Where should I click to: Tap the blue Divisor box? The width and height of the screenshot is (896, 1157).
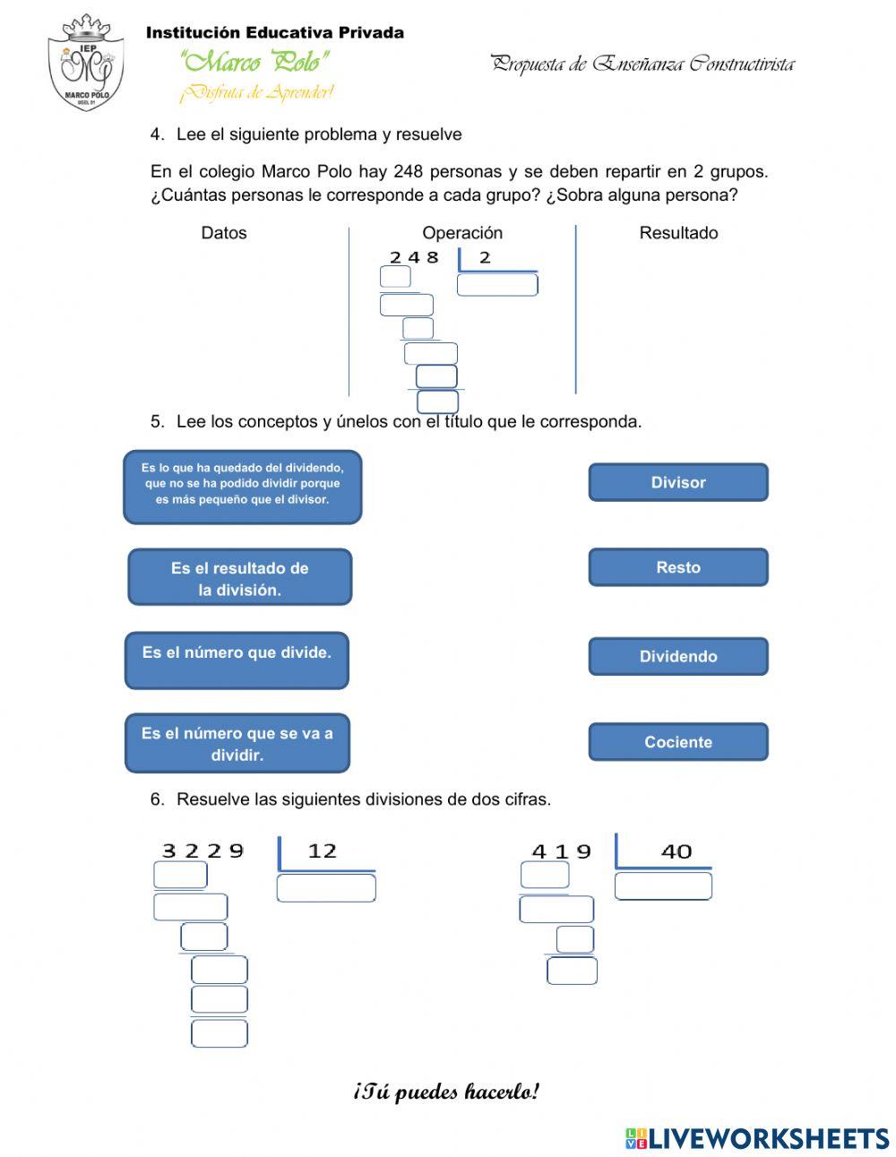click(x=677, y=482)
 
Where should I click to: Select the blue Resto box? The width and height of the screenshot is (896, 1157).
click(x=677, y=567)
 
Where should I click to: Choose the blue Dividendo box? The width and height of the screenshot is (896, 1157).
click(x=677, y=656)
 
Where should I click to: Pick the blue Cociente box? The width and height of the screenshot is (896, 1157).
click(x=677, y=742)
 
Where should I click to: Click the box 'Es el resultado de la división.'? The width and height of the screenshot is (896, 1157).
click(x=239, y=578)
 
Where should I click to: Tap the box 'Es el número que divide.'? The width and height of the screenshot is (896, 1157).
click(x=237, y=661)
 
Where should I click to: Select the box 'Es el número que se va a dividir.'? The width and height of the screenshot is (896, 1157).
click(x=237, y=743)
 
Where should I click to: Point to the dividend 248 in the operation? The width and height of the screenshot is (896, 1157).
click(x=414, y=257)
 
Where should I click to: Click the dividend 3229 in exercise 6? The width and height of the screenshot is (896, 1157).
click(x=202, y=850)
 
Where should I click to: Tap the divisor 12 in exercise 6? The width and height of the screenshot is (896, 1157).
click(x=323, y=850)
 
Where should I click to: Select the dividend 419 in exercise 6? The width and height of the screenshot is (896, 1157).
click(x=562, y=851)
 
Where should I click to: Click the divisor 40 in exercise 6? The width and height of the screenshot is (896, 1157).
click(x=676, y=851)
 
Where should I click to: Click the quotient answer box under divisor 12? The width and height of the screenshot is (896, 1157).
click(x=326, y=888)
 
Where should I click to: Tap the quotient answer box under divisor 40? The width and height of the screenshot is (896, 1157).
click(x=663, y=886)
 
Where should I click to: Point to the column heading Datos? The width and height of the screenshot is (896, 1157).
click(x=223, y=233)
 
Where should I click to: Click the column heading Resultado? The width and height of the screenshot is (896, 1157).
click(x=678, y=233)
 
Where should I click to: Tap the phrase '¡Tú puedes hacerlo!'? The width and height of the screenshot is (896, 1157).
click(x=446, y=1092)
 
